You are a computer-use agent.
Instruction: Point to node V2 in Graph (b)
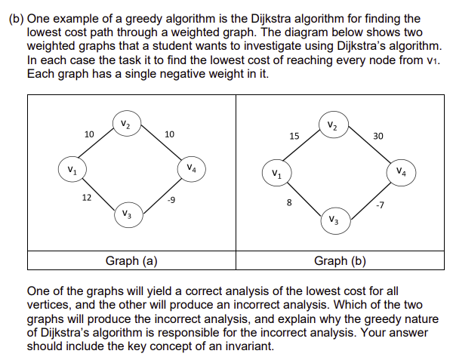(333, 124)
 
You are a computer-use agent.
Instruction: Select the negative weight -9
(172, 200)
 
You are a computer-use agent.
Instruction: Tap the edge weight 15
(295, 137)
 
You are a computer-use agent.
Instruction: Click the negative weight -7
(380, 204)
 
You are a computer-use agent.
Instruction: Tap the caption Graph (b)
(340, 261)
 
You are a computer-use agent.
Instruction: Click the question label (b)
(16, 17)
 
